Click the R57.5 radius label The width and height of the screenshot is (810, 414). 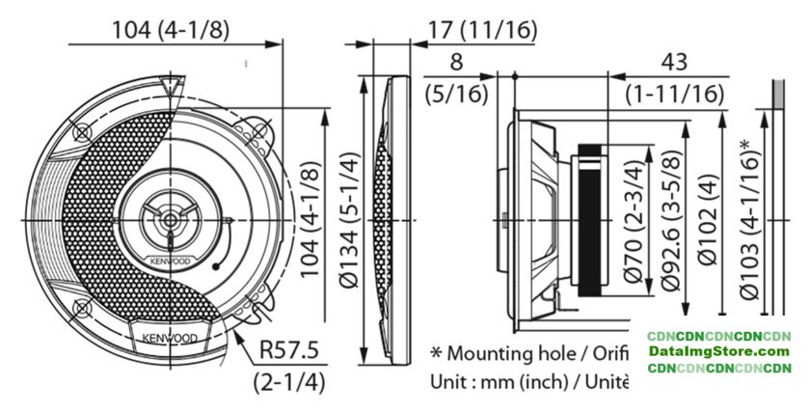(x=288, y=350)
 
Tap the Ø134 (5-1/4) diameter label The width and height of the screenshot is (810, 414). (x=349, y=220)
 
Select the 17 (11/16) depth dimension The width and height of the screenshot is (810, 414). (x=482, y=31)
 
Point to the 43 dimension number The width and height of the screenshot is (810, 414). (x=674, y=62)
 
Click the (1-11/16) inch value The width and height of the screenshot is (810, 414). (x=675, y=94)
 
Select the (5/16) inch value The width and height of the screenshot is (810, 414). (x=457, y=94)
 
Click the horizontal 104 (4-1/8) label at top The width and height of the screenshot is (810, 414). (x=171, y=31)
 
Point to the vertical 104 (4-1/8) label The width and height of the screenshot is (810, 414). (x=310, y=220)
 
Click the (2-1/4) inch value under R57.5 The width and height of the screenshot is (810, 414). (x=289, y=382)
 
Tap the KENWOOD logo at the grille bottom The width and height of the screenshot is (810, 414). (x=170, y=339)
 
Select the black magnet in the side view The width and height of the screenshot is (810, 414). (x=589, y=221)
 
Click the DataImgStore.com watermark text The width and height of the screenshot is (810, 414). (x=719, y=352)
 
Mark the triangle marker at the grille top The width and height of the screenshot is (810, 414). (x=172, y=86)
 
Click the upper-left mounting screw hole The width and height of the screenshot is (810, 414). (x=83, y=132)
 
